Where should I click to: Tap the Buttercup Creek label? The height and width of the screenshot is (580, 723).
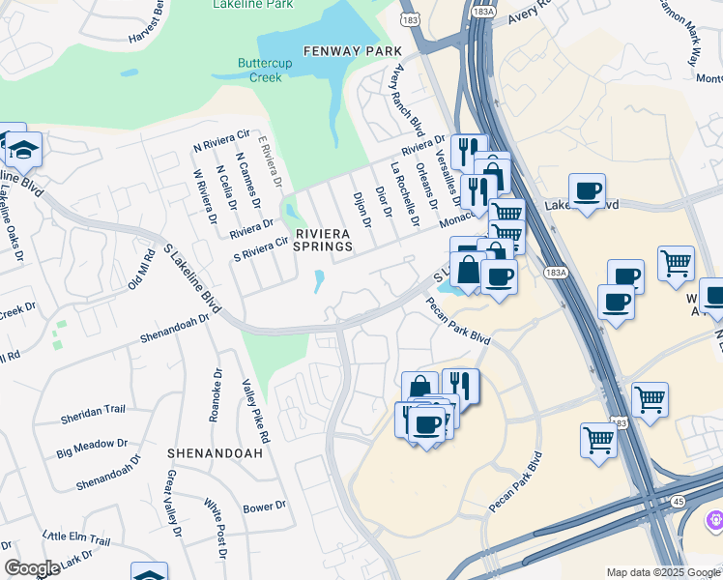coord(259,71)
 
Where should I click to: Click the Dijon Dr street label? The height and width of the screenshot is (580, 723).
coord(361,208)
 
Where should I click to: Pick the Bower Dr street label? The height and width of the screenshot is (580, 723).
coord(264,507)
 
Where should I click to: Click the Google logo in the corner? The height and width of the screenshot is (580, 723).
coord(33,569)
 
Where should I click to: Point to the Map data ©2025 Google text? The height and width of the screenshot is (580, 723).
coord(662,572)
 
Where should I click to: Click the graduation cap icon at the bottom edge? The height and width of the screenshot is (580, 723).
coord(149,572)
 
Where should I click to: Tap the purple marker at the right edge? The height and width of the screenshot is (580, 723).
coord(714,520)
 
